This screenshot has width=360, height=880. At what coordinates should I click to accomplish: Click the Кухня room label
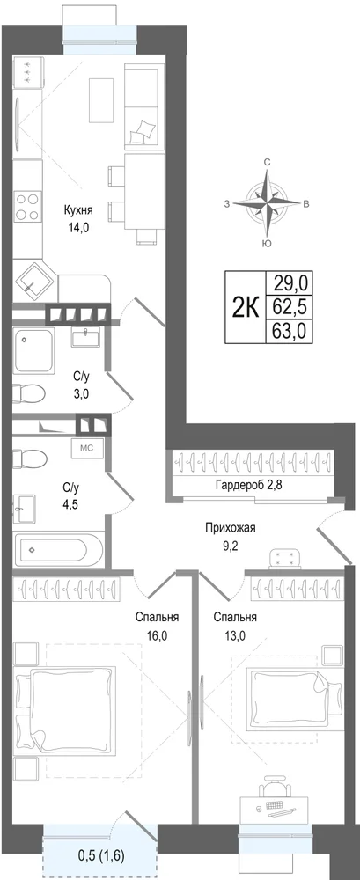pyautogui.click(x=78, y=210)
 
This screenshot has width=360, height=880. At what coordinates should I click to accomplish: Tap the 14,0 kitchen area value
pyautogui.click(x=78, y=228)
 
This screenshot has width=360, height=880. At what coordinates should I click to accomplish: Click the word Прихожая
pyautogui.click(x=231, y=527)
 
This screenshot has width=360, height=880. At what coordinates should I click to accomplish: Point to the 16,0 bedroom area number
pyautogui.click(x=158, y=636)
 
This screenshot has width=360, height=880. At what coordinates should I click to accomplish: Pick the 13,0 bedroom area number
pyautogui.click(x=235, y=636)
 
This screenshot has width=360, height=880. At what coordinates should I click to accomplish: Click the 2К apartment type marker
pyautogui.click(x=245, y=307)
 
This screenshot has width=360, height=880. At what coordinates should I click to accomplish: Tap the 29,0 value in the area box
pyautogui.click(x=290, y=282)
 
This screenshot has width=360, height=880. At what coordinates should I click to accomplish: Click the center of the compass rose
pyautogui.click(x=268, y=202)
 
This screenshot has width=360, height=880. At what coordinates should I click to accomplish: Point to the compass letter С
pyautogui.click(x=268, y=162)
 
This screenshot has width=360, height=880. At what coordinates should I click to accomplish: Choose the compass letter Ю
pyautogui.click(x=268, y=244)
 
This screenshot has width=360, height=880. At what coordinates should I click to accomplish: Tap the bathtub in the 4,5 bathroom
pyautogui.click(x=59, y=550)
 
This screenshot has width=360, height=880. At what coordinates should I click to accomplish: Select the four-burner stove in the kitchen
pyautogui.click(x=27, y=206)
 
